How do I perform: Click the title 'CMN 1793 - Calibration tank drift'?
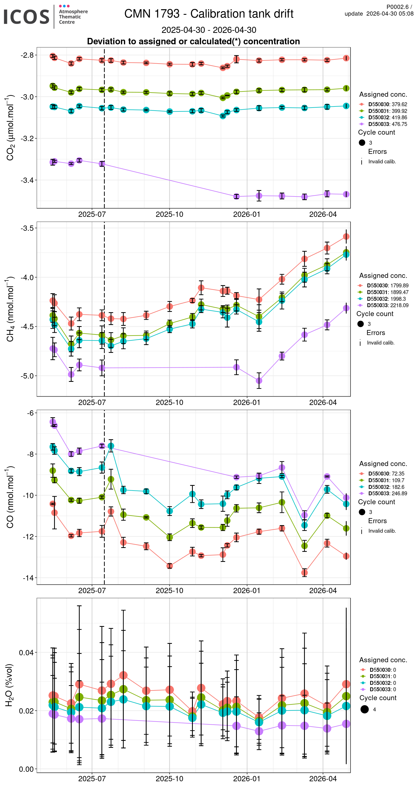click(209, 14)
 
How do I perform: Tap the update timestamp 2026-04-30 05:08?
click(390, 14)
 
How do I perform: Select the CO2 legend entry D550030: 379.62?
click(387, 104)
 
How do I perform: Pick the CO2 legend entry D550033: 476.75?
click(387, 124)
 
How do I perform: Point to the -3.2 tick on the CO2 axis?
click(27, 139)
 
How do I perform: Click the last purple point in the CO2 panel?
click(346, 194)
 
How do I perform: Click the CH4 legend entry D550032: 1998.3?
click(386, 299)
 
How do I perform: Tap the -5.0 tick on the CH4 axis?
click(27, 376)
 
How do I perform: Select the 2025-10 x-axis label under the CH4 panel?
click(169, 402)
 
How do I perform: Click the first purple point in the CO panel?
click(53, 422)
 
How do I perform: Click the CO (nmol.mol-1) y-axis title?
click(10, 497)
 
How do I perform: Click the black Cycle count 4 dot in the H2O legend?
click(364, 709)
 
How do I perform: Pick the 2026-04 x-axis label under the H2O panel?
click(323, 779)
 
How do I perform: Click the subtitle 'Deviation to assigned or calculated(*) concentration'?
click(193, 42)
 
